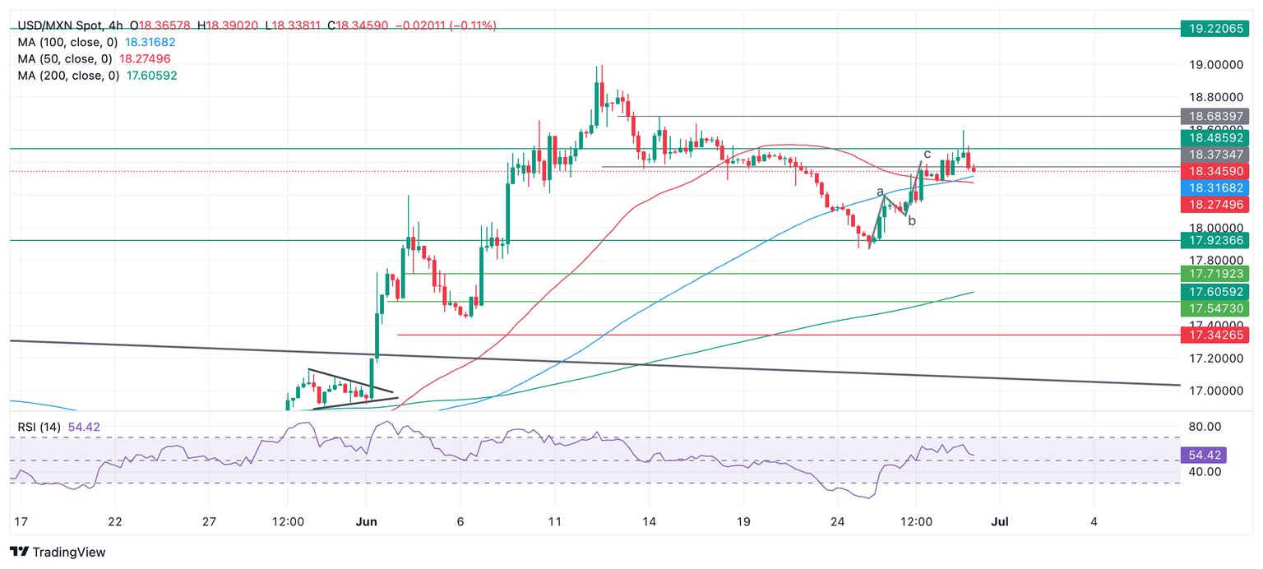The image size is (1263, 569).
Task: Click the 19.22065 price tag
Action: coord(1214,28)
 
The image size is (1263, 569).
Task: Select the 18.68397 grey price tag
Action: coord(1214,116)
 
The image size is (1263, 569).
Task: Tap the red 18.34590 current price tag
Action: coord(1214,171)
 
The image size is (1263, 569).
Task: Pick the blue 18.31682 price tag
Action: coord(1214,188)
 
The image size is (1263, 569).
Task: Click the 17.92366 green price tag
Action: coord(1214,241)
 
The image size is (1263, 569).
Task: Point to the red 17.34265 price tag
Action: coord(1214,335)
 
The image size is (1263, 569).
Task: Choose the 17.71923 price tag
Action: coord(1214,273)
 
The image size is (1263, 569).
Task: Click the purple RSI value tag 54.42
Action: coord(1214,455)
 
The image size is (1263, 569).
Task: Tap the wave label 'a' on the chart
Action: coord(881,192)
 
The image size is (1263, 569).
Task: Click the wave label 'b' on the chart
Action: coord(912,220)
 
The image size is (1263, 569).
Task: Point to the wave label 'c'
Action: coord(927,153)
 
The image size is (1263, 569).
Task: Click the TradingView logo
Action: coord(58,552)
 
